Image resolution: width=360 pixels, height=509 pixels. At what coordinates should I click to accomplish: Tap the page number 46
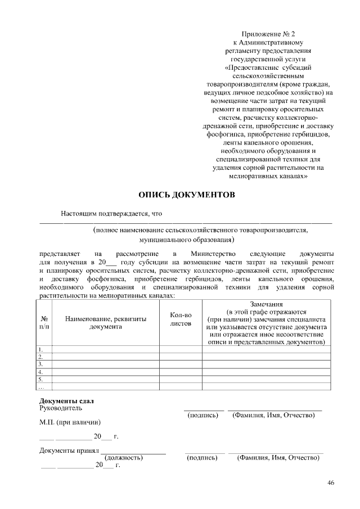(x=331, y=483)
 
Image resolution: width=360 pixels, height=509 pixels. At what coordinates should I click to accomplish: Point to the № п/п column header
(x=44, y=322)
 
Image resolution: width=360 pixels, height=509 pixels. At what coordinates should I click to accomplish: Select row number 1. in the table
(x=40, y=349)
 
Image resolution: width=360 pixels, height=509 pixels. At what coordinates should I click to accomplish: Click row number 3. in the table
(x=40, y=364)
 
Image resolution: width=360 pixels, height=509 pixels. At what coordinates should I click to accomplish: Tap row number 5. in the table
(x=40, y=380)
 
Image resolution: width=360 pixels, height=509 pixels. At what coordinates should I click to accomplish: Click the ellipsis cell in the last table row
(x=40, y=387)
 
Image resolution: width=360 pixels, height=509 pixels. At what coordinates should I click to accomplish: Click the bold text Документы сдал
(x=66, y=400)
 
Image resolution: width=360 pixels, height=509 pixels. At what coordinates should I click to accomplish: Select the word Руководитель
(x=61, y=408)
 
